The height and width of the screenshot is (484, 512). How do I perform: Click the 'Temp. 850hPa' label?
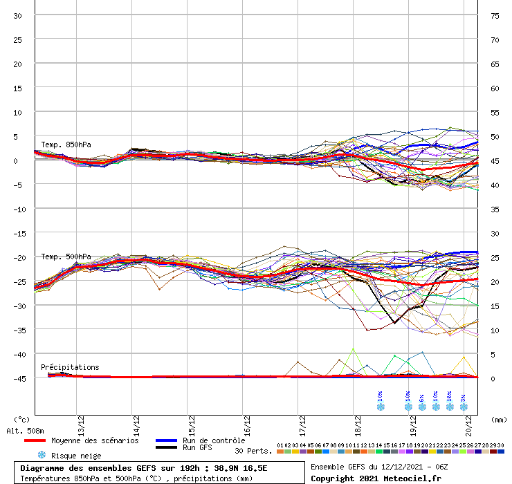[66, 145]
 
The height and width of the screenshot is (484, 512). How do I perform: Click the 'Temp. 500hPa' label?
[66, 257]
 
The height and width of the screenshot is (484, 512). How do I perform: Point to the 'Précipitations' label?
[70, 367]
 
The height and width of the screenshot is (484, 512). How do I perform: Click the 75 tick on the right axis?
[495, 15]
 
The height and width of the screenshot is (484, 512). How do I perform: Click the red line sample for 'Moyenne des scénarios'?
[44, 440]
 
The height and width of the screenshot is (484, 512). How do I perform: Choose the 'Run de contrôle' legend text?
[210, 440]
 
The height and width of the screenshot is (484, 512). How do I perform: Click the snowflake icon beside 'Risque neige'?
[41, 455]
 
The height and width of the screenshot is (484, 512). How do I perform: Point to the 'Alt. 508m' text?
[26, 430]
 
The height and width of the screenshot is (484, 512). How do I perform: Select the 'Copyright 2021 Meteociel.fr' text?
[376, 478]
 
